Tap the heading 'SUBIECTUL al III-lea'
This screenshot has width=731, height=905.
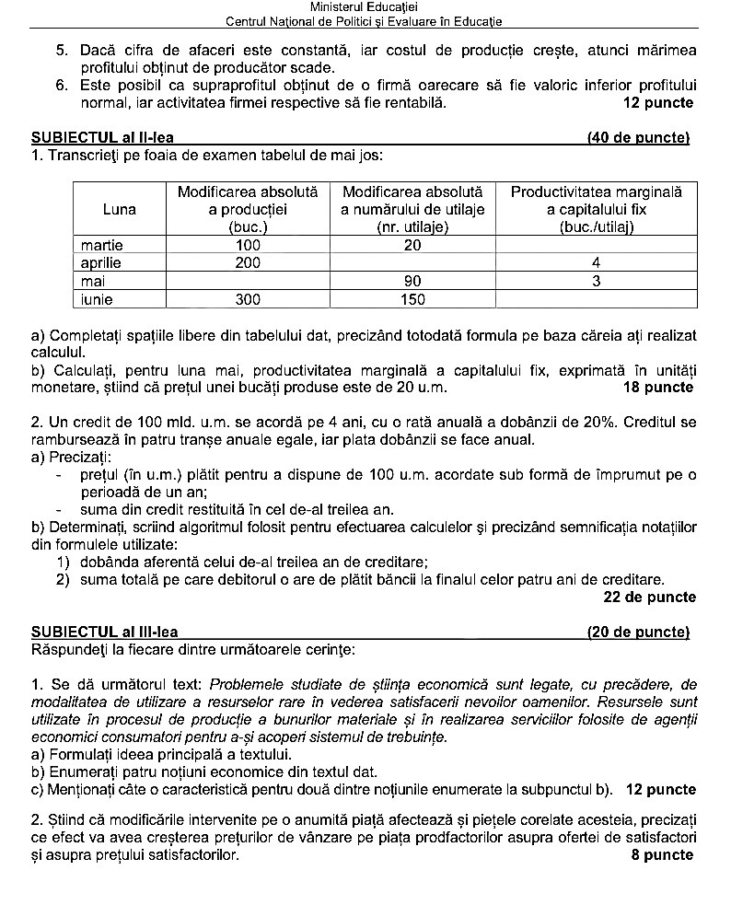[104, 632]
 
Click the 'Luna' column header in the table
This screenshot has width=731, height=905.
[120, 209]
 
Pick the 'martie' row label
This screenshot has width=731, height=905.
[101, 246]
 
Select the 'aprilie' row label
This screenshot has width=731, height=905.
[101, 263]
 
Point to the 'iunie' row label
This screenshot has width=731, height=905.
[99, 299]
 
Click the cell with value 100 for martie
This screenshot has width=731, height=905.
[248, 246]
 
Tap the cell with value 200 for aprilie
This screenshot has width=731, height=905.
[248, 263]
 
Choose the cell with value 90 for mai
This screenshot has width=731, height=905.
[412, 281]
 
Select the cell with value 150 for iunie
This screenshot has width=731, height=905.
[412, 299]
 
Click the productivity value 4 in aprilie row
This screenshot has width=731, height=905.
[596, 263]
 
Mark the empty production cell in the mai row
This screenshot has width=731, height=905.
[248, 281]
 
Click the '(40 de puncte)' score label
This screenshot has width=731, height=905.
[638, 139]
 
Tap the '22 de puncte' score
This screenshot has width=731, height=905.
[649, 598]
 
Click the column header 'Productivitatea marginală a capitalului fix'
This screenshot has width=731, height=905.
[596, 209]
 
